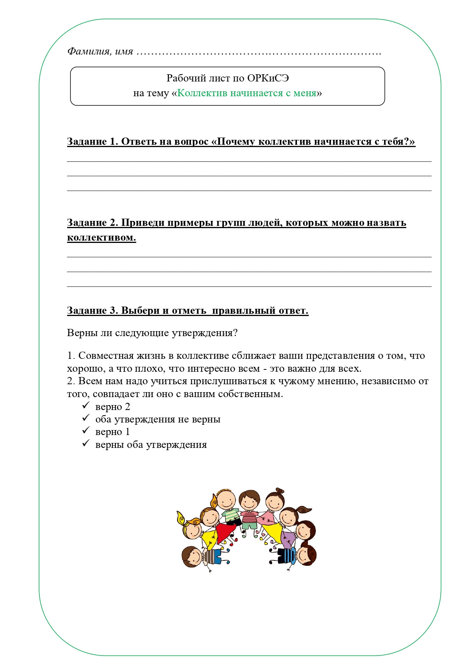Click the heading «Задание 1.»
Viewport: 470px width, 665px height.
[92, 142]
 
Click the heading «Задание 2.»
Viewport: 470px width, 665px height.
[92, 223]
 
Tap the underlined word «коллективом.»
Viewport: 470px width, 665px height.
[101, 238]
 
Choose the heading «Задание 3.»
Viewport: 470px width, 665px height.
[92, 311]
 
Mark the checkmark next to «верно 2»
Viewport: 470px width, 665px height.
[86, 406]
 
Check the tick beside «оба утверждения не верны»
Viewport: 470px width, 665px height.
[86, 418]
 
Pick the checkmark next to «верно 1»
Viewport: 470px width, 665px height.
[86, 431]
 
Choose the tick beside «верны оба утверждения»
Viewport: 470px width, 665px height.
[86, 443]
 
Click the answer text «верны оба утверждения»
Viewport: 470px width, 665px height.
[151, 445]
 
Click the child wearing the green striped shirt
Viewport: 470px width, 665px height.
[230, 516]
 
